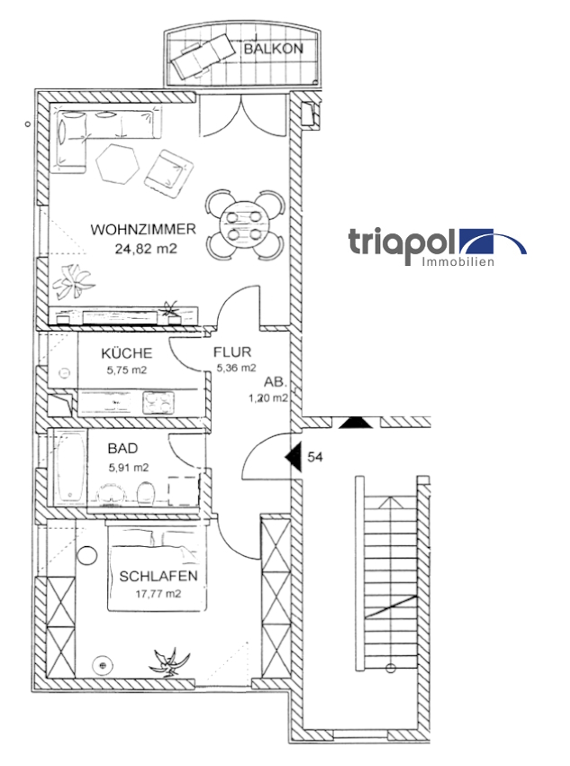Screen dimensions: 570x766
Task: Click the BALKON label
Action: [x=273, y=49]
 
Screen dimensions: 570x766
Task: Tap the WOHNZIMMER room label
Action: [x=143, y=229]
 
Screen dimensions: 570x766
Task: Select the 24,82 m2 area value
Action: [x=146, y=249]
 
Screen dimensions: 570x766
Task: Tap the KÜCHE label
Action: [x=127, y=352]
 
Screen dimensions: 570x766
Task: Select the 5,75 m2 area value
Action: [x=127, y=369]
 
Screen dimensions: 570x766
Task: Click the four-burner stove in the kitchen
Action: [x=158, y=403]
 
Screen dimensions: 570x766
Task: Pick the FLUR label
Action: [x=232, y=351]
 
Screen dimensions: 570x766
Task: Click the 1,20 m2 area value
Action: [x=268, y=398]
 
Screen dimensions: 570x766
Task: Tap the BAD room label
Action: [x=123, y=449]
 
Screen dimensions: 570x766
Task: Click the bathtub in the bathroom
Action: [x=69, y=470]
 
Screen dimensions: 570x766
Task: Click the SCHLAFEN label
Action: [x=158, y=576]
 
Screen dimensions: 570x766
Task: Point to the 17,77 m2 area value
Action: [x=158, y=594]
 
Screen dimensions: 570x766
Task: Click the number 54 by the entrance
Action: [x=315, y=458]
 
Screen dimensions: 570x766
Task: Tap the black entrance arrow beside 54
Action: [x=293, y=457]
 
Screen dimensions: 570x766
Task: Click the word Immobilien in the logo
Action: [x=457, y=262]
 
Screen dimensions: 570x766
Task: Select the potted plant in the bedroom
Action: [x=169, y=663]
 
